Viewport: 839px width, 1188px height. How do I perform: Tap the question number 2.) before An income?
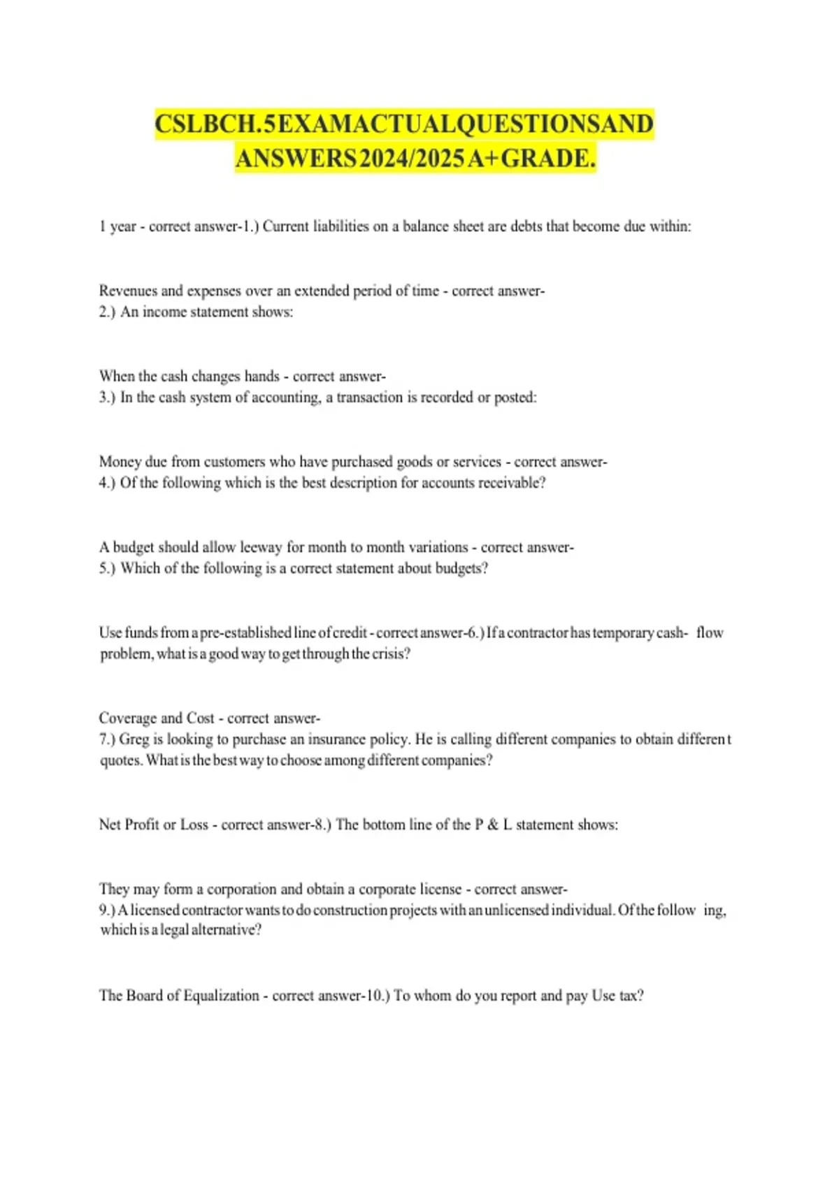tap(108, 312)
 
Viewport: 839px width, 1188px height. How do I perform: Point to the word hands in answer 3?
tap(262, 376)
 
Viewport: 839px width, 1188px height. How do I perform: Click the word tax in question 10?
tap(631, 995)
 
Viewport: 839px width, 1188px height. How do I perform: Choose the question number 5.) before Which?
tap(108, 568)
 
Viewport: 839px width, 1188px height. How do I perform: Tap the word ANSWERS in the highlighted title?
tap(296, 159)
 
